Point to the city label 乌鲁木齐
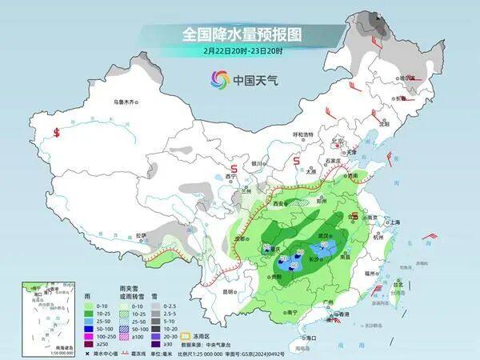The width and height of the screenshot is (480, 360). pos(126,102)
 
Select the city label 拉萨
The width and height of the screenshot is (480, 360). pos(142,234)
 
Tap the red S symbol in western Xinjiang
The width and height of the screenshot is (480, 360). pos(57,133)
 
